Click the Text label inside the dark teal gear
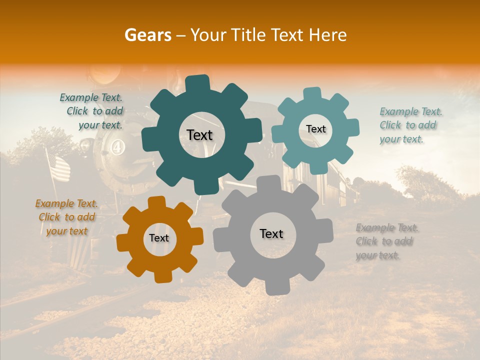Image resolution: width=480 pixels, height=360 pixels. (199, 135)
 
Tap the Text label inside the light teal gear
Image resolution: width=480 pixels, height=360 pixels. (315, 129)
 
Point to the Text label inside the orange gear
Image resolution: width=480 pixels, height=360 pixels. (158, 238)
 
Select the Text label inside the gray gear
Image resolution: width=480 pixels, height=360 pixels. (271, 234)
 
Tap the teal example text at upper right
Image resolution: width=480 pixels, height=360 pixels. (410, 125)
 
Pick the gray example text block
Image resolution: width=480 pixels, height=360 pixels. (386, 241)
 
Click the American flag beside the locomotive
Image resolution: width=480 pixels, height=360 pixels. (58, 167)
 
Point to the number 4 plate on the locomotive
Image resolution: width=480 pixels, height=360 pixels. (117, 149)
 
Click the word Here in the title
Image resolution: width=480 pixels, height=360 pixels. (328, 35)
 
